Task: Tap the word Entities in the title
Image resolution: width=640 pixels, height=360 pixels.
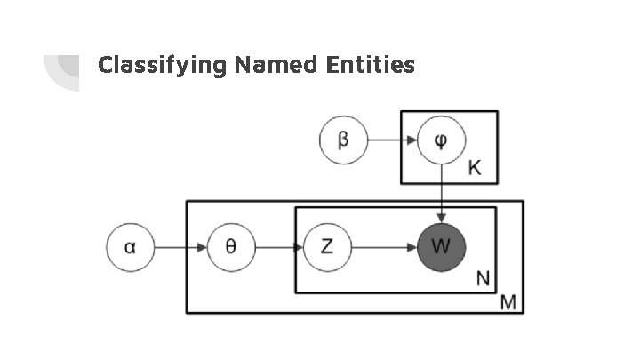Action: (x=372, y=64)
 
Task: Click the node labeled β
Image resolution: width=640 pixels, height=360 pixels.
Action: (x=343, y=140)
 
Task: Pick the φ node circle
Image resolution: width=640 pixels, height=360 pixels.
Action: (x=442, y=140)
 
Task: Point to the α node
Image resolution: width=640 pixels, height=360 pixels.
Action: (x=131, y=246)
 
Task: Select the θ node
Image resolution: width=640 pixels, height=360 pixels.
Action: (x=230, y=246)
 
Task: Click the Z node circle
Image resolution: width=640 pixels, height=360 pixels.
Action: (x=327, y=246)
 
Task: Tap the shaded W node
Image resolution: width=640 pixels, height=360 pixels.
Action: (x=442, y=246)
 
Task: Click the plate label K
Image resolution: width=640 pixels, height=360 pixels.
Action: (x=475, y=168)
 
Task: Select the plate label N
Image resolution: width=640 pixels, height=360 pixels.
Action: (x=483, y=278)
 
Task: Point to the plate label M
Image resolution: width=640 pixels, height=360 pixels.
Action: (x=508, y=302)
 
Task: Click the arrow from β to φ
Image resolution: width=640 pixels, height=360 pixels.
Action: (x=392, y=140)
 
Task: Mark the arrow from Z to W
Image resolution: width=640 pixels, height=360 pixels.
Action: (x=384, y=246)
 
